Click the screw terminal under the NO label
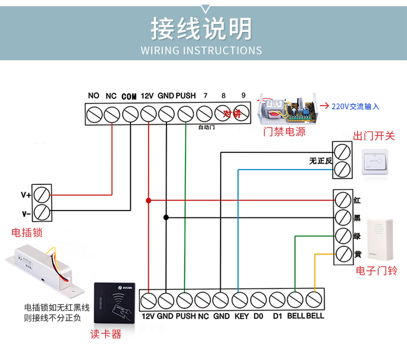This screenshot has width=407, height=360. tap(94, 114)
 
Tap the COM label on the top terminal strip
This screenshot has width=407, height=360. tap(129, 96)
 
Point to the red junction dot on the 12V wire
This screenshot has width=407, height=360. tap(148, 200)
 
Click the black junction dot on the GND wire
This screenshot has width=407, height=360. tap(166, 217)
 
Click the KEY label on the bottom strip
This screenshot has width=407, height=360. tap(241, 316)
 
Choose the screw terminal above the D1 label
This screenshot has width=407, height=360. tap(277, 300)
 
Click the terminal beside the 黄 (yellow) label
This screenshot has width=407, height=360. tap(343, 253)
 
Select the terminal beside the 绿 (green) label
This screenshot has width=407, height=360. tap(343, 235)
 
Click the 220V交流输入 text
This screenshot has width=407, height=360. tap(355, 107)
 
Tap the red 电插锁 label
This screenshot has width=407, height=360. tap(27, 233)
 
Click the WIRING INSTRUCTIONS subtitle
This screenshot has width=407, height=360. tap(201, 50)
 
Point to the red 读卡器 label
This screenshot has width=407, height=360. tap(106, 335)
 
